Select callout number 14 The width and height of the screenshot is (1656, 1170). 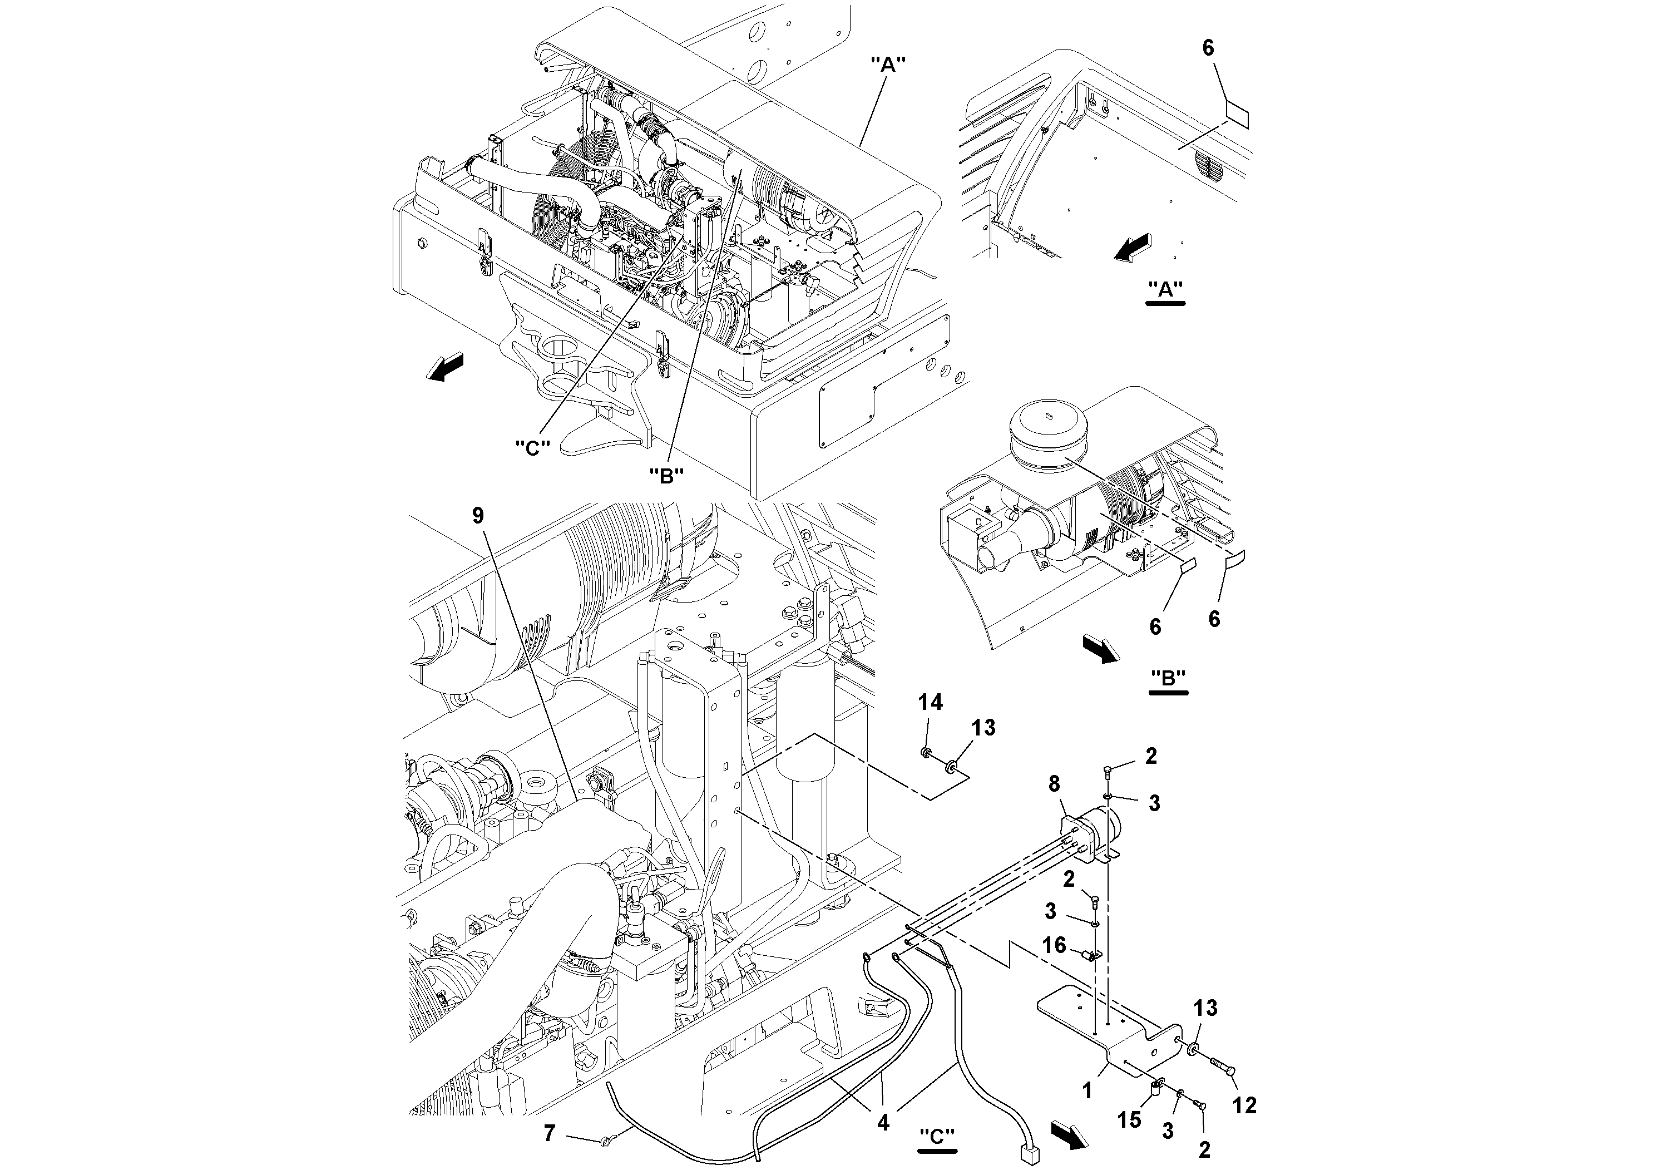click(931, 702)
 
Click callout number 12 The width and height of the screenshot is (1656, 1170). click(1244, 1104)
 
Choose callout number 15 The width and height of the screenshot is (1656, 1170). click(1129, 1119)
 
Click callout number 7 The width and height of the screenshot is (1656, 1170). click(550, 1133)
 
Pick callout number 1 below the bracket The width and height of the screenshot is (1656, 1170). click(1087, 1092)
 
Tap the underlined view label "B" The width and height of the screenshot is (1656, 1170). click(1168, 679)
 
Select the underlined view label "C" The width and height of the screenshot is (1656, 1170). click(937, 1136)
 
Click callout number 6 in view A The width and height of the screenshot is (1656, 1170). click(1208, 48)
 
